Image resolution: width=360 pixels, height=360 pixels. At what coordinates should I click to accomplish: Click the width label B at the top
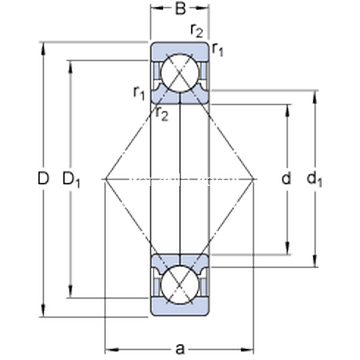tap(180, 9)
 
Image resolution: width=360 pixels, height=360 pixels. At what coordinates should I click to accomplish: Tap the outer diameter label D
tap(43, 178)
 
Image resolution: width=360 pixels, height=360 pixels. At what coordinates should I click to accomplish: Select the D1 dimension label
tap(71, 180)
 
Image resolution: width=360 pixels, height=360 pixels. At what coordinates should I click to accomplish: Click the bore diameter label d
tap(286, 178)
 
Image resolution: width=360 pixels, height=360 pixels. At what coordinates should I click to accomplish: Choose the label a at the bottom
tap(180, 349)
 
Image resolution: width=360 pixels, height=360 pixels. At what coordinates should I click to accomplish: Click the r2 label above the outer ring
tap(197, 31)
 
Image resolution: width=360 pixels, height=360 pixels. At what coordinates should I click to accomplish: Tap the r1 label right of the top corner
tap(217, 49)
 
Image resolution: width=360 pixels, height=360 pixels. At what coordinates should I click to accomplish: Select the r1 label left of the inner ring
tap(139, 93)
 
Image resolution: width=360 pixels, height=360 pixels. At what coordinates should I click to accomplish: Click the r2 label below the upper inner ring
tap(162, 114)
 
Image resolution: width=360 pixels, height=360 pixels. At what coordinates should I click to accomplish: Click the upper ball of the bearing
tap(180, 73)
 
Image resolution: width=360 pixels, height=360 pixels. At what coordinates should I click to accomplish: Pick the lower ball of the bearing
tap(180, 284)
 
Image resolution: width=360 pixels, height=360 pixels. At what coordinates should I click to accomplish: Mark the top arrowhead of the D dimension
tap(43, 48)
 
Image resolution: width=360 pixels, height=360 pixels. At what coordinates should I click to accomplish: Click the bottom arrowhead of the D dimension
tap(43, 311)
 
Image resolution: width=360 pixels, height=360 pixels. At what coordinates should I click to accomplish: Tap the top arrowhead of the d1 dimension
tap(315, 97)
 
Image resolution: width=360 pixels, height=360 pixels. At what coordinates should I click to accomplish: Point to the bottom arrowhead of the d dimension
tap(287, 248)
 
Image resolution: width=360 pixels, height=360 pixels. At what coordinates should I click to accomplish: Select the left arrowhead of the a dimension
tap(112, 350)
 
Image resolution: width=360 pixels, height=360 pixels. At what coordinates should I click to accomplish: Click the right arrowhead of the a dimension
tap(247, 350)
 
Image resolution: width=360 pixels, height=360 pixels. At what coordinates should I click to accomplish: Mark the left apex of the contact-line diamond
tap(105, 179)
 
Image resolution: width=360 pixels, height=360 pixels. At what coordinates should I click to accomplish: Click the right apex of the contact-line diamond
tap(254, 179)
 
